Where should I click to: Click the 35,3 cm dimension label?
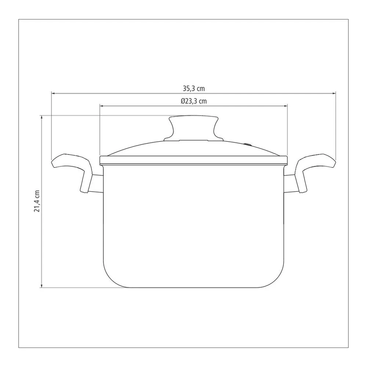click(193, 89)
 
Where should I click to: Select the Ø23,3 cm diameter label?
click(193, 101)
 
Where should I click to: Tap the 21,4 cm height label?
click(37, 201)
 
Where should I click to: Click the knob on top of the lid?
click(193, 128)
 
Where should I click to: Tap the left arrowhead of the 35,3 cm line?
click(53, 93)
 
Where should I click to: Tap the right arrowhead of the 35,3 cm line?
click(334, 93)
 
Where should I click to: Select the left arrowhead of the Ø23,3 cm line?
click(102, 106)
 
